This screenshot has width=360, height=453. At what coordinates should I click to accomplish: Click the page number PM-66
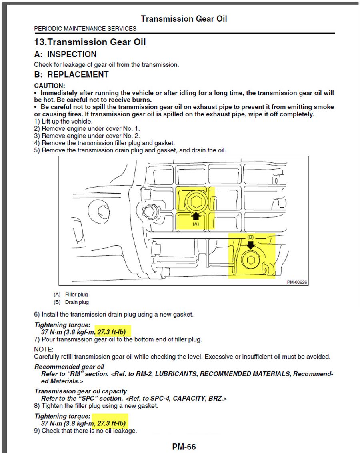point(184,447)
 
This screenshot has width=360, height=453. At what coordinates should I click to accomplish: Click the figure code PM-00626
point(297,282)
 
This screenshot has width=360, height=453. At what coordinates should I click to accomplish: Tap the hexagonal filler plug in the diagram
point(196,202)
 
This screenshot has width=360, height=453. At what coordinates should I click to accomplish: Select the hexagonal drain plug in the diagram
point(251,260)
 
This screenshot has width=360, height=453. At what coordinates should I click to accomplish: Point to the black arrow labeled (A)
point(196,216)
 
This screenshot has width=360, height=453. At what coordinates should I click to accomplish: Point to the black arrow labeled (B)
point(251,244)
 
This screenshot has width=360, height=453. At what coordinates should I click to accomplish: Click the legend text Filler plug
point(76,295)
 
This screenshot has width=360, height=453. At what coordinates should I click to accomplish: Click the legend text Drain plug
point(77,302)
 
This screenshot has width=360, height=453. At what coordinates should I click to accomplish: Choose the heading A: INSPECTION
point(65,54)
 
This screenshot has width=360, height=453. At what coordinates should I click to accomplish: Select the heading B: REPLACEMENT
point(71,74)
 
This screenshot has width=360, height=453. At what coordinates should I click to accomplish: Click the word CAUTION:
point(50,86)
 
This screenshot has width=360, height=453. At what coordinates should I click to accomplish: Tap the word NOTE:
point(44,349)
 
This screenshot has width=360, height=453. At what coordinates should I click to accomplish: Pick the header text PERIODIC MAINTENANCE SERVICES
point(85,29)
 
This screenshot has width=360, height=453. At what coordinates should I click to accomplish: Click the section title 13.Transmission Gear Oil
point(90,42)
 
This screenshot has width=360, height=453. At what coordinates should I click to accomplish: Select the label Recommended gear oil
point(69,367)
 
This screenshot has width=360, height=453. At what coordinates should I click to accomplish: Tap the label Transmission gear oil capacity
point(80,391)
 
